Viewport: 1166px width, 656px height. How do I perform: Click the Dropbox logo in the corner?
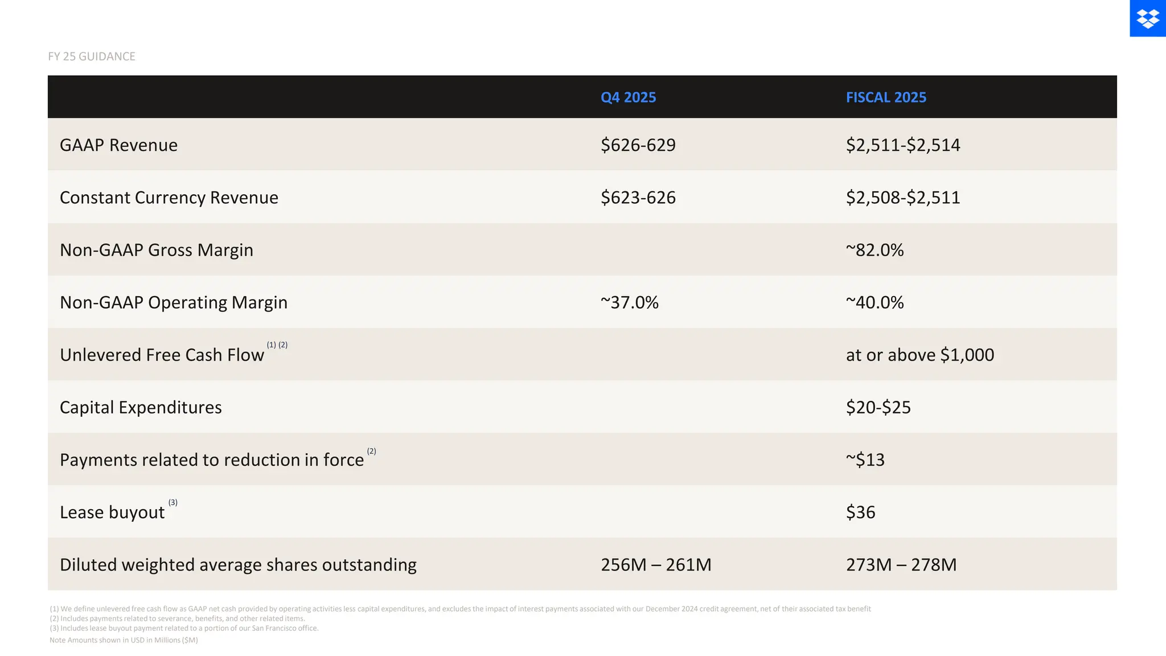(1147, 18)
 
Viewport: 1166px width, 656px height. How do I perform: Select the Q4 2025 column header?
(628, 97)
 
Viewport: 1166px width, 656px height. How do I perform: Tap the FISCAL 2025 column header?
(886, 97)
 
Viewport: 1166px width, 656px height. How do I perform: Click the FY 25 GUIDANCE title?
(92, 56)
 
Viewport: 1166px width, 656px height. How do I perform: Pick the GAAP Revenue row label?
(118, 145)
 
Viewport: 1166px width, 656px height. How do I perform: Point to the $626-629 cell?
(638, 145)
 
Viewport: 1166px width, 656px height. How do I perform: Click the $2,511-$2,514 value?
(902, 145)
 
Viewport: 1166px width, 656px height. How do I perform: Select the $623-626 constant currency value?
(638, 198)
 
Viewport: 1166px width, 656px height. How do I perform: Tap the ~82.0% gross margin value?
(874, 250)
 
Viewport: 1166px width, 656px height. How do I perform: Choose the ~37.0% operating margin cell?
(629, 302)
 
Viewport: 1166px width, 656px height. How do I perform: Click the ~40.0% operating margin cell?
(874, 302)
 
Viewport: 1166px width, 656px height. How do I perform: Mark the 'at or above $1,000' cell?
(919, 355)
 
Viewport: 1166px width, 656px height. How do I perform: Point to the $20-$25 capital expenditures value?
(878, 407)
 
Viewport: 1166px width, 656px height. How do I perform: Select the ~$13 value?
(865, 460)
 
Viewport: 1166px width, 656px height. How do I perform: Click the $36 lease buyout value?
(860, 512)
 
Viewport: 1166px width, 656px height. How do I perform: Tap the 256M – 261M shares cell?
(656, 564)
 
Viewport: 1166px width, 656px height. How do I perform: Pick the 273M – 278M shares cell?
(901, 564)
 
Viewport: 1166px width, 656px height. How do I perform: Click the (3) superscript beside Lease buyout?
(173, 502)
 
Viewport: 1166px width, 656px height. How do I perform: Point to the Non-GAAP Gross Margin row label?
(156, 250)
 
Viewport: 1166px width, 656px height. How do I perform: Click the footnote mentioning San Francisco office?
(184, 628)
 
